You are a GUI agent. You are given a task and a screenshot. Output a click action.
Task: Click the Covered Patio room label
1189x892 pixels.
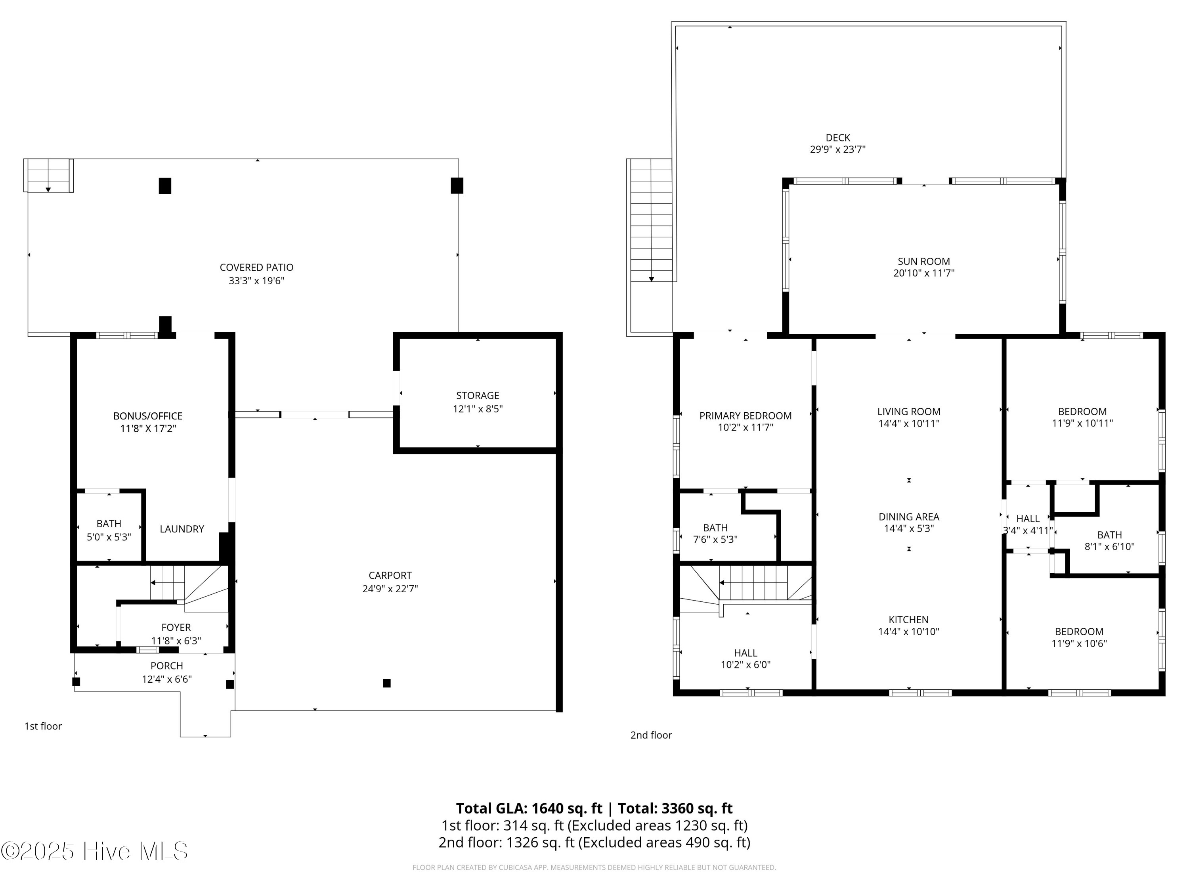pos(256,267)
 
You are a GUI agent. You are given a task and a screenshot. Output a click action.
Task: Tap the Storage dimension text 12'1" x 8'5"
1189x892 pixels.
pos(477,409)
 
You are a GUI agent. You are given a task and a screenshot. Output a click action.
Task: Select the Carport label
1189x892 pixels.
pos(390,575)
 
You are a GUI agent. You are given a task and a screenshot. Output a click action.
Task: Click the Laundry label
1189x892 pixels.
pos(182,529)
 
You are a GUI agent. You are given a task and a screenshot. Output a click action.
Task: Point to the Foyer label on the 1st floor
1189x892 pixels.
pos(176,628)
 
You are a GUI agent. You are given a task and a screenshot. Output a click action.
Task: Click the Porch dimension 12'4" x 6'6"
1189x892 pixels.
pos(166,679)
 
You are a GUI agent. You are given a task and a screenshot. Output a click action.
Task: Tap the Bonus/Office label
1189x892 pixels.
pos(148,416)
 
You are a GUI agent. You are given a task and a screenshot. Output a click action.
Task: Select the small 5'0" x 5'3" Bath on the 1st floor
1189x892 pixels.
pos(109,530)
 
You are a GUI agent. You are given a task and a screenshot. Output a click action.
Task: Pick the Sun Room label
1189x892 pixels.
pos(923,262)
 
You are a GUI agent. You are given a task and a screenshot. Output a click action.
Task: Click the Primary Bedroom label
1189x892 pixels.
pos(745,415)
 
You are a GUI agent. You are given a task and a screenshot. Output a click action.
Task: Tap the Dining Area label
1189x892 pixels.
pos(908,517)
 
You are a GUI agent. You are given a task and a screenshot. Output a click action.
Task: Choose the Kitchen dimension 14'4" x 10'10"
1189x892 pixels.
pos(908,632)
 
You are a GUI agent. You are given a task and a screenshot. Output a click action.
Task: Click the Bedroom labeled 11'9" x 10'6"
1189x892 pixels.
pos(1079,637)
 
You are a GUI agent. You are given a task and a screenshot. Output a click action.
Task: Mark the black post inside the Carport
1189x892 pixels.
pos(386,683)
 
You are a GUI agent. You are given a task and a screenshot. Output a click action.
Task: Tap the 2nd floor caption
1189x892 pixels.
pos(651,735)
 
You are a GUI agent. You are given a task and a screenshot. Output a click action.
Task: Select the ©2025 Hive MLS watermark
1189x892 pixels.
pos(95,851)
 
